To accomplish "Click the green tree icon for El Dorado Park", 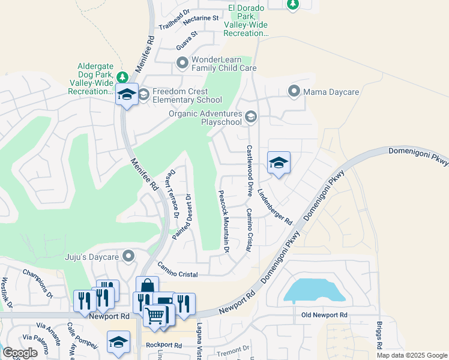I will (x=292, y=4).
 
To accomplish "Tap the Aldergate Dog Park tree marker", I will (x=122, y=77).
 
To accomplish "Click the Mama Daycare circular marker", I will (x=294, y=92).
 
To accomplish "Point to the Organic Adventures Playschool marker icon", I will (x=251, y=116).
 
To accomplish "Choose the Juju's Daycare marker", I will (x=128, y=257).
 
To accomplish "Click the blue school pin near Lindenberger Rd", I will (x=279, y=163).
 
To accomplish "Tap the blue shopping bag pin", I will (x=148, y=287).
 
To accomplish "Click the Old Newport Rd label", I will (x=324, y=315).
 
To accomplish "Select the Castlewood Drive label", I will (x=249, y=170).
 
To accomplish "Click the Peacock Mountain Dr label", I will (x=224, y=220).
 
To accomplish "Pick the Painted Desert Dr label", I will (x=182, y=217).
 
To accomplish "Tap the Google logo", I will (x=20, y=353).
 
